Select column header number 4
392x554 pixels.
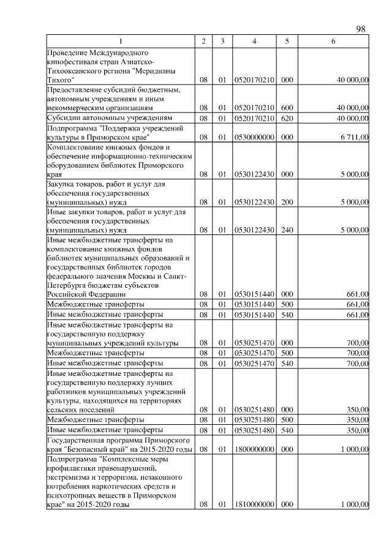coord(254,41)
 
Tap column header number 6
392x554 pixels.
coord(333,41)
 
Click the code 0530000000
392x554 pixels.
coord(254,138)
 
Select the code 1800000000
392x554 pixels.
coord(254,450)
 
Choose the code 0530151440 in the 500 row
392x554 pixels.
coord(254,304)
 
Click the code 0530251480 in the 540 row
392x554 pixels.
coord(254,431)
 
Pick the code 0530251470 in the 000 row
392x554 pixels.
coord(254,343)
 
